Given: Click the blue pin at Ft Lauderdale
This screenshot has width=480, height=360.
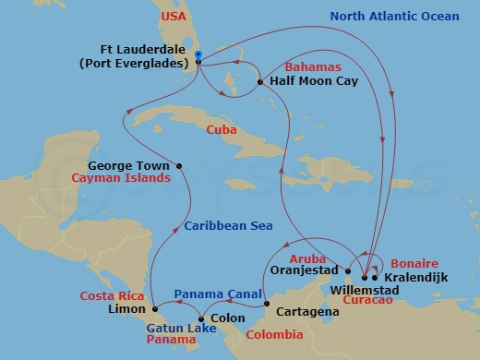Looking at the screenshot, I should pos(198,57).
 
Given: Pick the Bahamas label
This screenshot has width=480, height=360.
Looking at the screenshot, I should pos(314,67).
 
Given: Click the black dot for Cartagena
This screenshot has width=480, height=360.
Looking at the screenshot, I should pos(265,305).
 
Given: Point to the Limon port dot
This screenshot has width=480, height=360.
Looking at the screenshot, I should pos(154,307).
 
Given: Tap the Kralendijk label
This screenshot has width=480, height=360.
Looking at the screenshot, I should pos(413,277).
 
